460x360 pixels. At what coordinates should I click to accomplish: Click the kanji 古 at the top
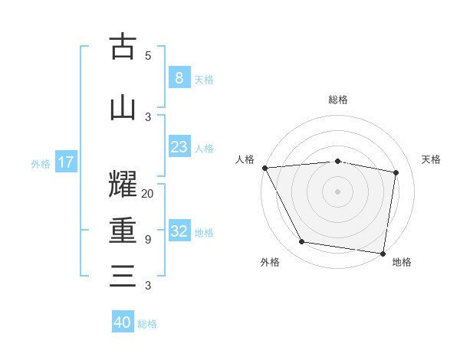click(x=123, y=47)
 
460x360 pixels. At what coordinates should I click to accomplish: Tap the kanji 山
click(x=123, y=108)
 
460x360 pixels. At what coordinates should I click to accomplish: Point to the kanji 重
click(x=123, y=231)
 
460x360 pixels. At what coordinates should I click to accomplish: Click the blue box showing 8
click(x=179, y=78)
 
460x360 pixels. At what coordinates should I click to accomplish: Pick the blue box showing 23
click(x=179, y=148)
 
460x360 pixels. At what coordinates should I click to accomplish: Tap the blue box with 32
click(x=179, y=232)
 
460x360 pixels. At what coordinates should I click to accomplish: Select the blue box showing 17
click(x=65, y=162)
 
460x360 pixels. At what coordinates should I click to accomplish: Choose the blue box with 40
click(x=123, y=322)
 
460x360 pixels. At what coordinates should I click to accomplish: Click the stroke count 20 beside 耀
click(x=148, y=194)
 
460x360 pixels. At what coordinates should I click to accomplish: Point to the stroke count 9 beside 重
click(x=148, y=240)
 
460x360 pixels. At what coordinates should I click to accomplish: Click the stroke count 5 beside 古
click(x=148, y=56)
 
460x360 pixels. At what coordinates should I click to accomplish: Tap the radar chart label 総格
click(x=338, y=100)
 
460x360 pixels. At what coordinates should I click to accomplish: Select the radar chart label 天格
click(x=431, y=159)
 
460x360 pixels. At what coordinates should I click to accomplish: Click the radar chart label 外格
click(x=270, y=262)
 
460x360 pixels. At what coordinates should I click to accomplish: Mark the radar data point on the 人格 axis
click(x=264, y=168)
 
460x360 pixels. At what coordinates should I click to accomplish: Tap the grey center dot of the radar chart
click(x=338, y=191)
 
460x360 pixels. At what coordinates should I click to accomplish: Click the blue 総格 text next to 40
click(x=148, y=324)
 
